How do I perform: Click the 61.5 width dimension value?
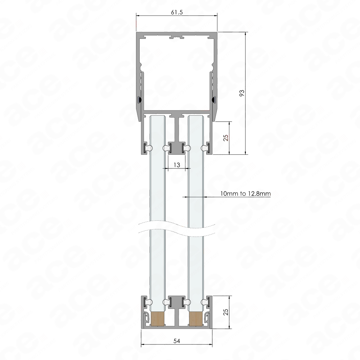point(177,12)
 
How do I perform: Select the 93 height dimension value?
point(242,93)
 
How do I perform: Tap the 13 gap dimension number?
point(177,165)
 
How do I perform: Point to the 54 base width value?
point(176,341)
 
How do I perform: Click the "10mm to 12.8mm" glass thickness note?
point(246,194)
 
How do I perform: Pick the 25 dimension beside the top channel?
point(226,138)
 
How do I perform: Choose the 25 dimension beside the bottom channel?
point(226,312)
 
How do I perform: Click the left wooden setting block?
point(158,319)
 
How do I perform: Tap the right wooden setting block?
point(195,319)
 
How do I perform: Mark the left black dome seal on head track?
point(139,100)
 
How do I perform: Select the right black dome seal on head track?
point(214,100)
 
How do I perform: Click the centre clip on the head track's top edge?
point(176,37)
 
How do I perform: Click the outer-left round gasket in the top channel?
point(150,148)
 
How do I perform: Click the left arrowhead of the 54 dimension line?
point(143,344)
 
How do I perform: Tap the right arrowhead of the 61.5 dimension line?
point(215,15)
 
